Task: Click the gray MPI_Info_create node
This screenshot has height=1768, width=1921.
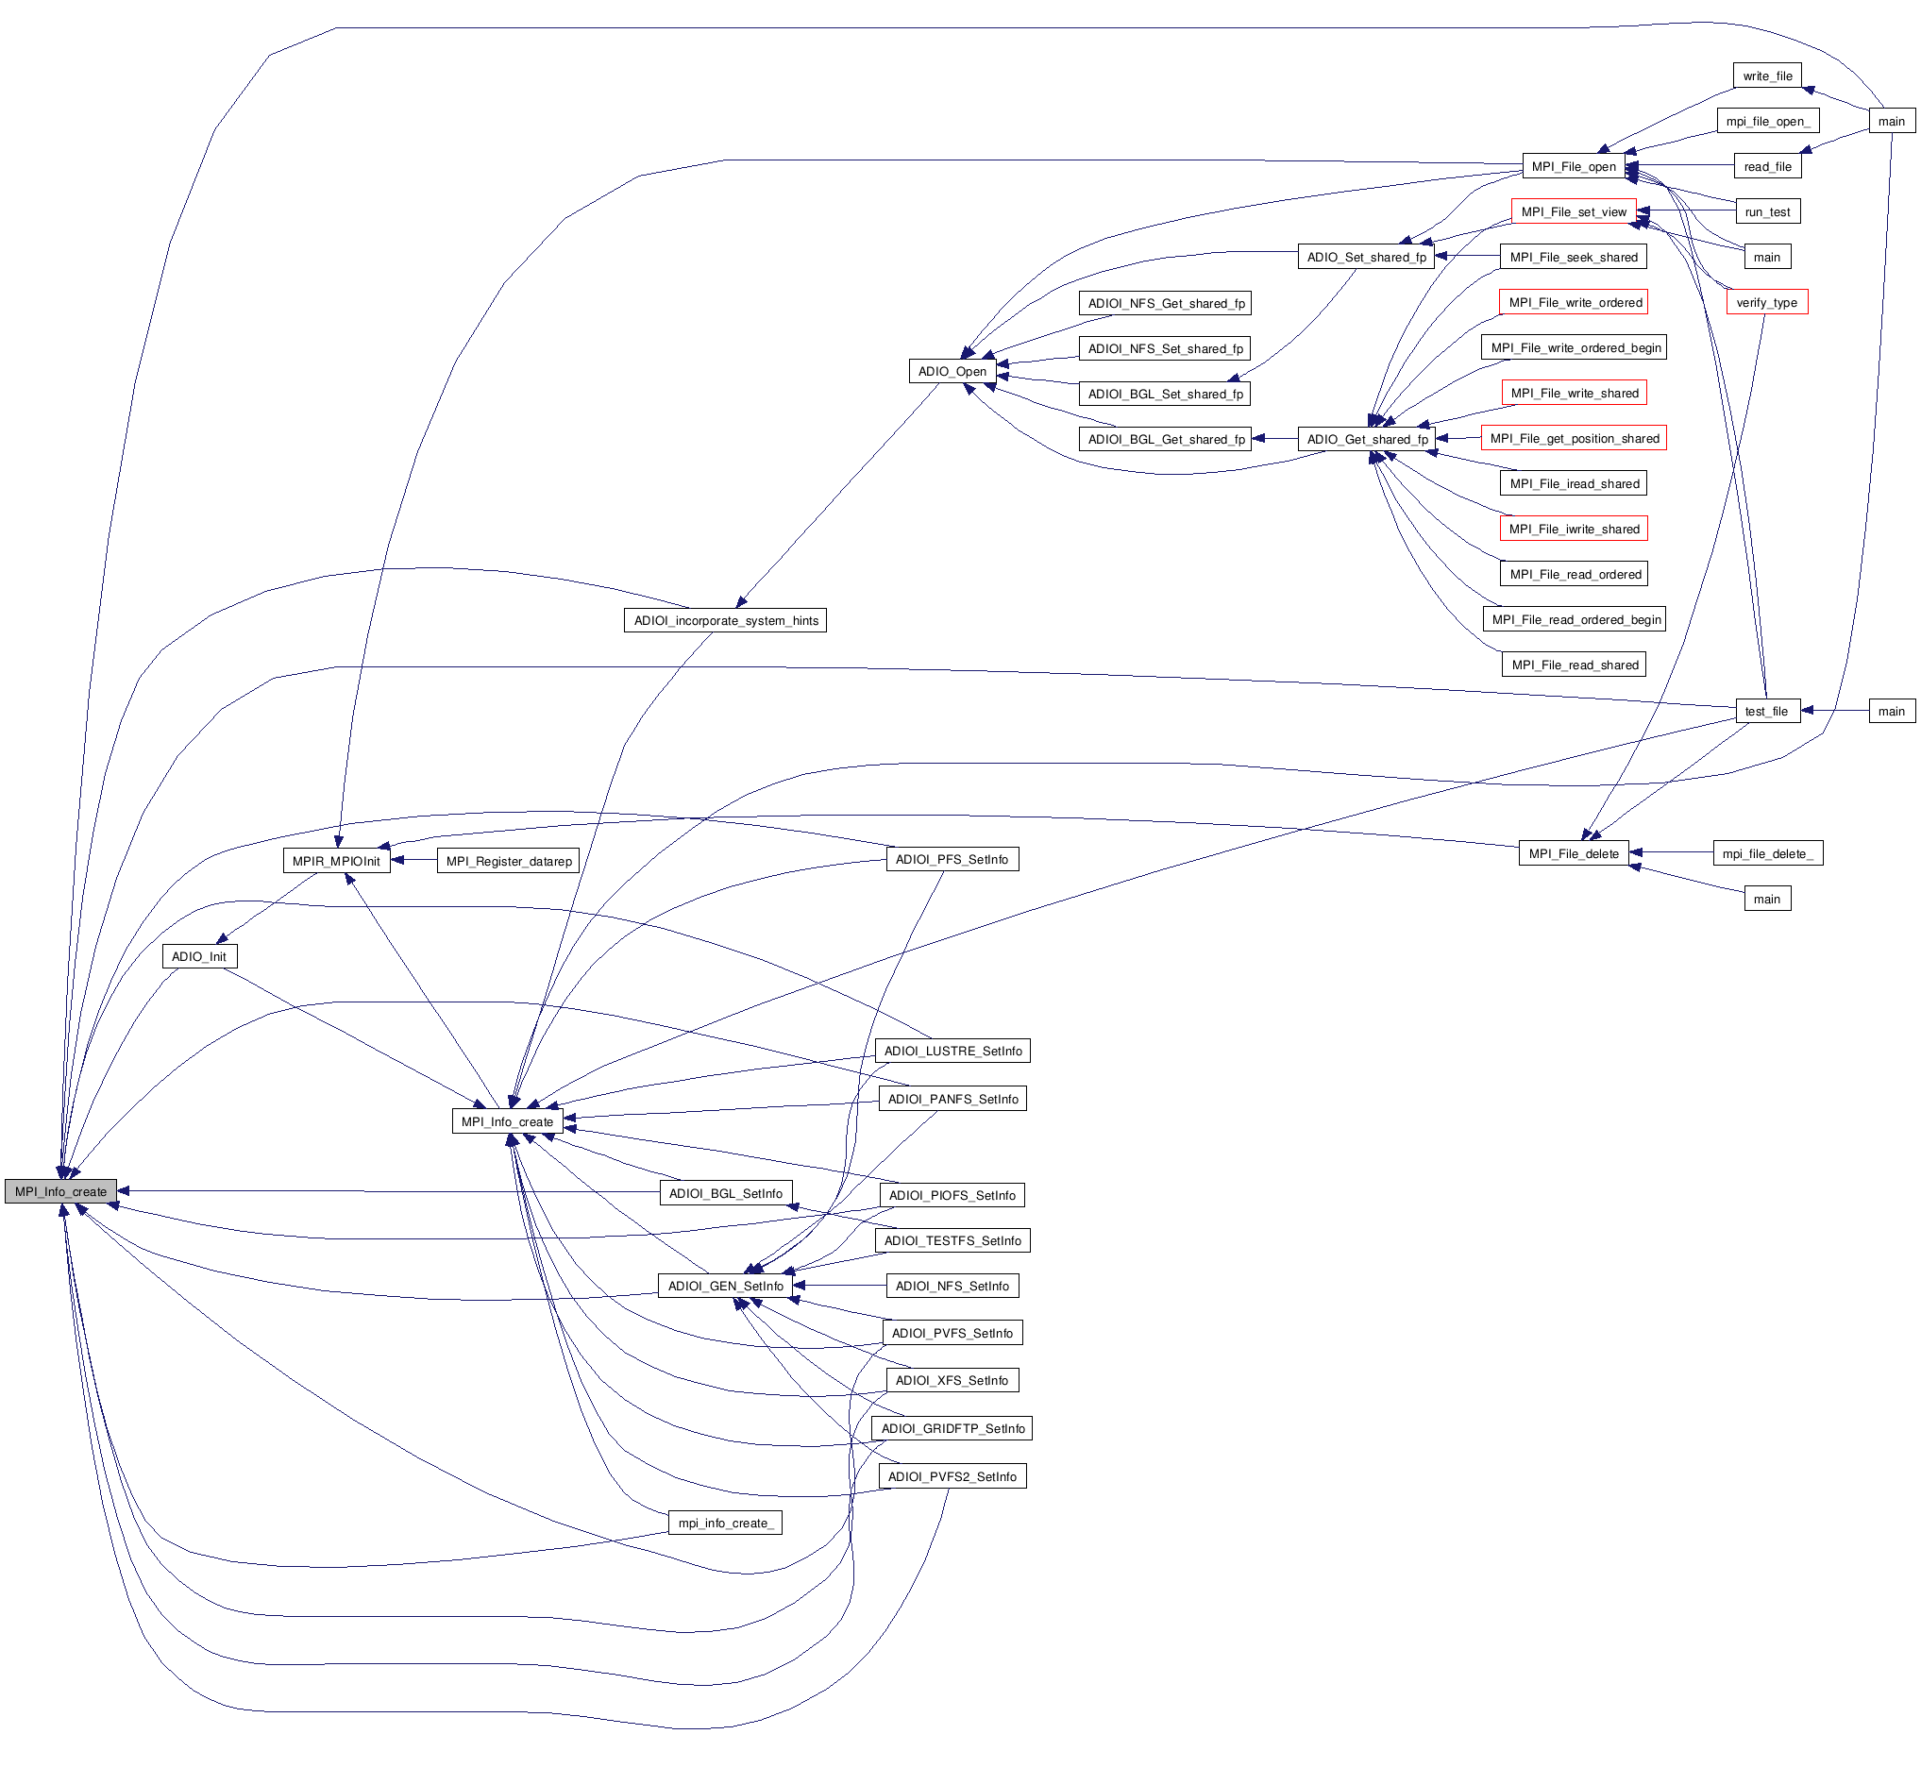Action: [x=60, y=1191]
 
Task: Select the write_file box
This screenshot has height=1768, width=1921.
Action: [x=1766, y=76]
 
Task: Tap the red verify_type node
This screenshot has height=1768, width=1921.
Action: [x=1766, y=302]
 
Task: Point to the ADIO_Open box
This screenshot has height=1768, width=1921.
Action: [x=952, y=371]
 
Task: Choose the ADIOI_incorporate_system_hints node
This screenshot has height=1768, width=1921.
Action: [x=725, y=620]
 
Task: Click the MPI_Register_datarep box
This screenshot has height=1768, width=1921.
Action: [x=508, y=861]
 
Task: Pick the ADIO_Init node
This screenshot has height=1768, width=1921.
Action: [x=199, y=956]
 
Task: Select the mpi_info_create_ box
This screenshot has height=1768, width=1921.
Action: [x=724, y=1523]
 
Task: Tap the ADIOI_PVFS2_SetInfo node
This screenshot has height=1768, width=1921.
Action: [x=952, y=1476]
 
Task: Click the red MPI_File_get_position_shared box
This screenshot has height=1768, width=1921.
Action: [x=1574, y=438]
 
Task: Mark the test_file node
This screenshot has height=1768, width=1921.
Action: [x=1766, y=711]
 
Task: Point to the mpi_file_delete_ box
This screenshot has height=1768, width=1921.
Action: [x=1767, y=853]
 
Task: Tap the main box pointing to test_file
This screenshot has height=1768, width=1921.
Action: [x=1891, y=711]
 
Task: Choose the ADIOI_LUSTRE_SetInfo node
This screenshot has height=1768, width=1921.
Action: [x=952, y=1051]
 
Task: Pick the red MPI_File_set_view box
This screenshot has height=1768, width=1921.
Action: [x=1573, y=211]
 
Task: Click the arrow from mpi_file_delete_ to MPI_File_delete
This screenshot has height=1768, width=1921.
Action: [x=1670, y=852]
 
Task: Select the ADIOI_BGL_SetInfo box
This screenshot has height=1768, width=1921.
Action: [x=725, y=1193]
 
